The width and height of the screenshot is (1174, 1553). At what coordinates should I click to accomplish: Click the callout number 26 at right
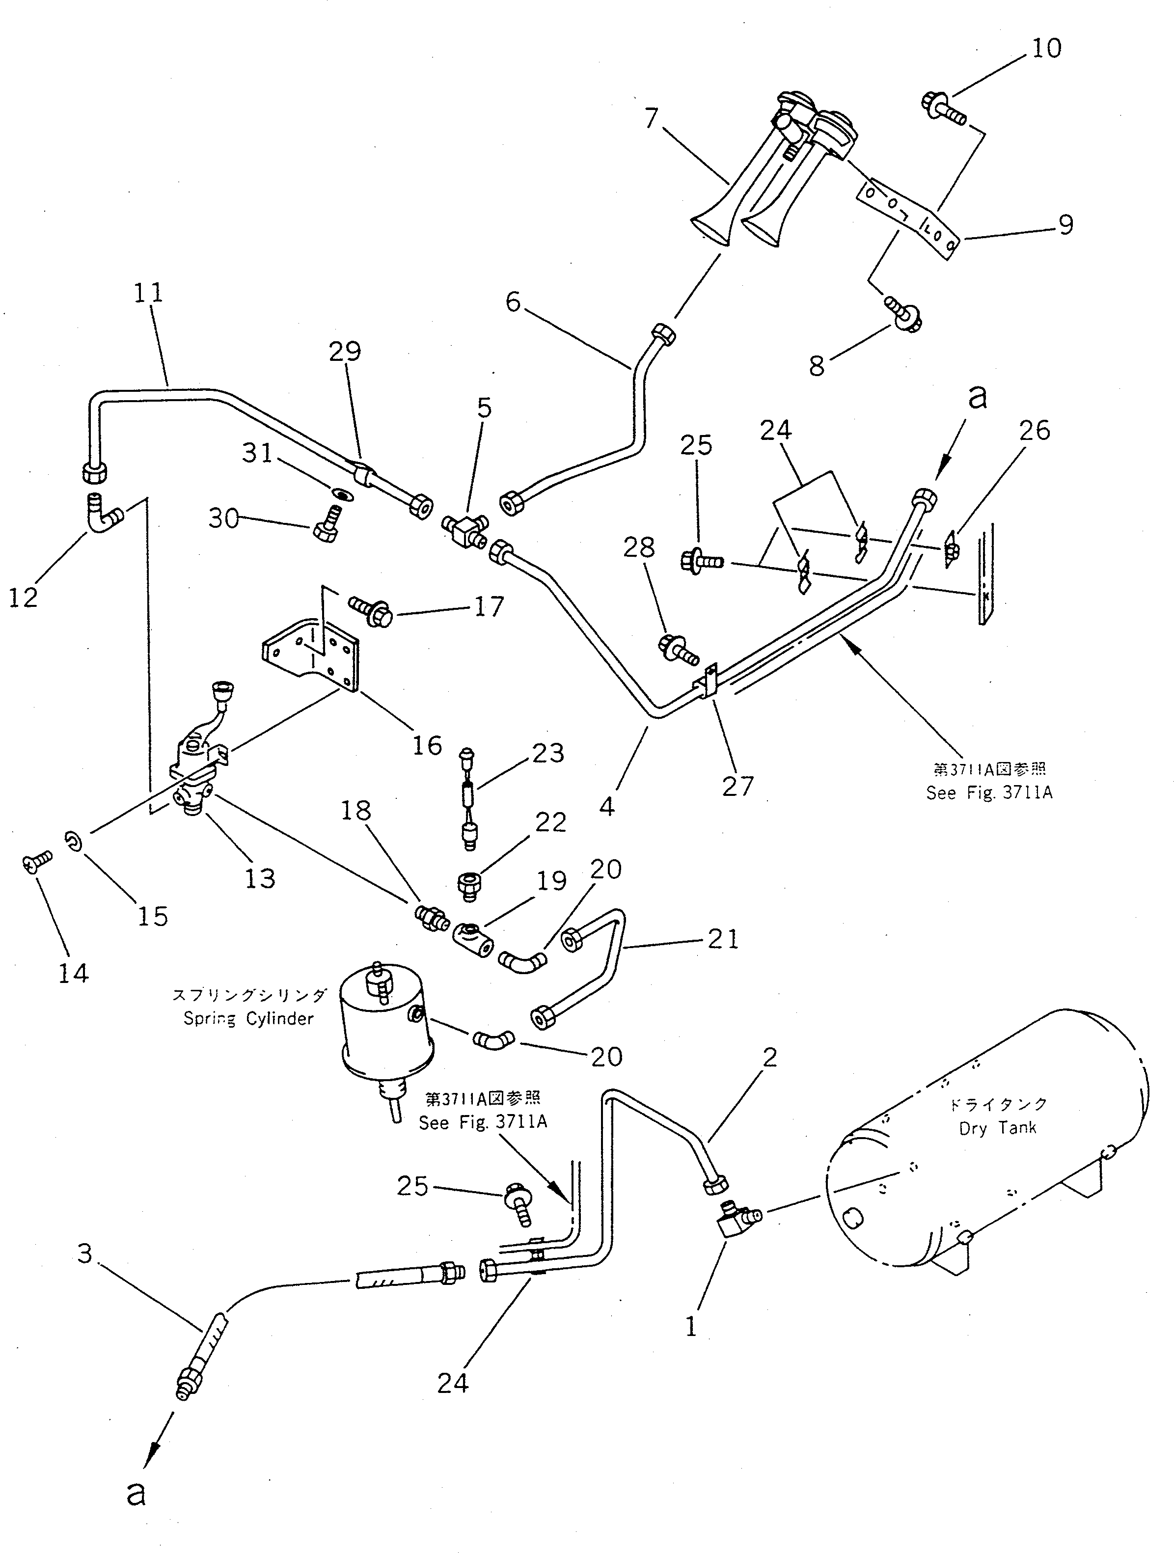pos(1034,431)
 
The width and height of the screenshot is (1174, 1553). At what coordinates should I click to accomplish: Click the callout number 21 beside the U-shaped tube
pos(722,939)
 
